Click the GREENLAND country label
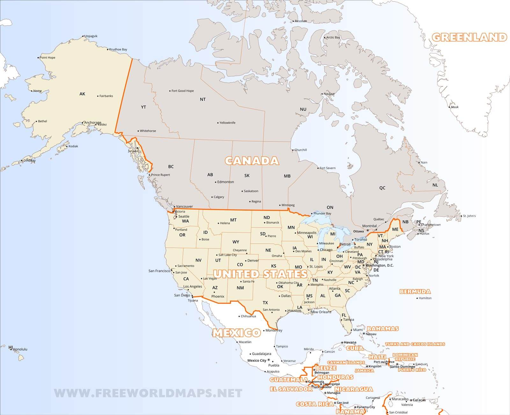[x=469, y=37]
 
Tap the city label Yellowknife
[x=227, y=123]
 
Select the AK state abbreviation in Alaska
[x=82, y=94]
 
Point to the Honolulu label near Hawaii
[x=20, y=349]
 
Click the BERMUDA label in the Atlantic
[x=415, y=291]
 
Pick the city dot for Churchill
[x=293, y=150]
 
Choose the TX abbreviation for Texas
[x=265, y=303]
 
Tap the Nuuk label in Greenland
[x=455, y=107]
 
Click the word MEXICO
[x=237, y=333]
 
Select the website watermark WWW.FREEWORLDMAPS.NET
[x=148, y=393]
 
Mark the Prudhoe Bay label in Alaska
[x=118, y=49]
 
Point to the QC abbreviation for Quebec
[x=382, y=188]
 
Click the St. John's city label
[x=469, y=216]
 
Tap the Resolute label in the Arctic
[x=301, y=21]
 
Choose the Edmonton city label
[x=225, y=182]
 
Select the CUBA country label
[x=355, y=348]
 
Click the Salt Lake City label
[x=228, y=255]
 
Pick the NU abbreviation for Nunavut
[x=303, y=109]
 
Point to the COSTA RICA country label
[x=315, y=404]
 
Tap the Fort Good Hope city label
[x=182, y=91]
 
